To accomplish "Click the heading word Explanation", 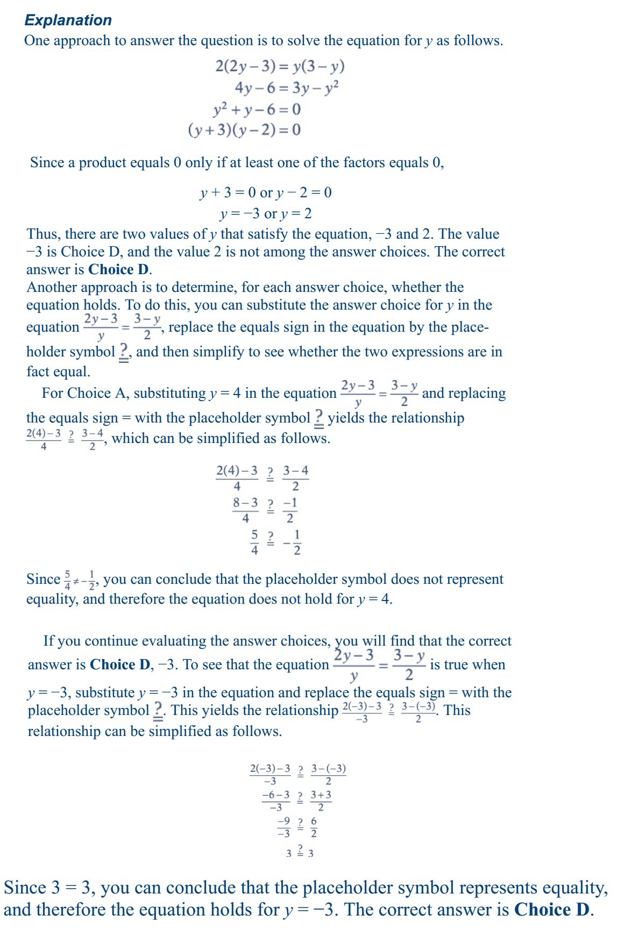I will tap(68, 20).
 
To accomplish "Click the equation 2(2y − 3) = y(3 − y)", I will tap(280, 66).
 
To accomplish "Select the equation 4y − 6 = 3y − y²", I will tap(286, 87).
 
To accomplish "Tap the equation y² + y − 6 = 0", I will tap(257, 109).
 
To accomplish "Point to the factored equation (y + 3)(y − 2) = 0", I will tap(244, 130).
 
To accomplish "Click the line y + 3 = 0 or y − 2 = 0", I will tap(266, 192).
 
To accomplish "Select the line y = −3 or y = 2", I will tap(266, 213).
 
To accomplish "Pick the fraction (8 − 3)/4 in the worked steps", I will tap(245, 510).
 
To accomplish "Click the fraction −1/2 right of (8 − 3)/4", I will tap(290, 510).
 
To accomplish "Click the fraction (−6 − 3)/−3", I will tap(276, 800).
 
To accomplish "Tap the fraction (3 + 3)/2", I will tap(321, 800).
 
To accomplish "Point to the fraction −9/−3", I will tap(283, 827).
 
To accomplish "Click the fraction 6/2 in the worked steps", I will tap(314, 827).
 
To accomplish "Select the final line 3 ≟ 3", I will tap(300, 852).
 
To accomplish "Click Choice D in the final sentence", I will tap(552, 910).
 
